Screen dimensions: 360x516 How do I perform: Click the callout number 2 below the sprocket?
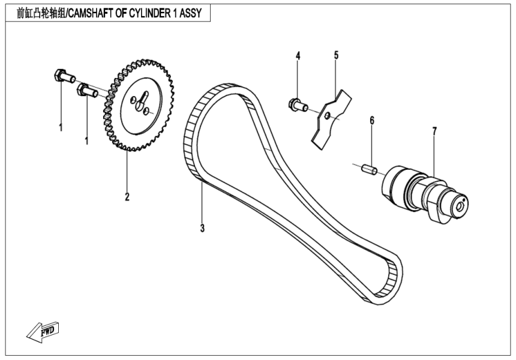127,196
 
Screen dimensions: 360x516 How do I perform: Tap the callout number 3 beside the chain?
203,228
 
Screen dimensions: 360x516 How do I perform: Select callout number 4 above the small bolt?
298,56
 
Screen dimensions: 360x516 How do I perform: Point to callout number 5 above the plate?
336,56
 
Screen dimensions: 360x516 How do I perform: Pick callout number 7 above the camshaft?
434,130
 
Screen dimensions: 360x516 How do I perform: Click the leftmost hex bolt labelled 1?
63,76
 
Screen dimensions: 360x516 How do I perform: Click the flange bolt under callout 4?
297,105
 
